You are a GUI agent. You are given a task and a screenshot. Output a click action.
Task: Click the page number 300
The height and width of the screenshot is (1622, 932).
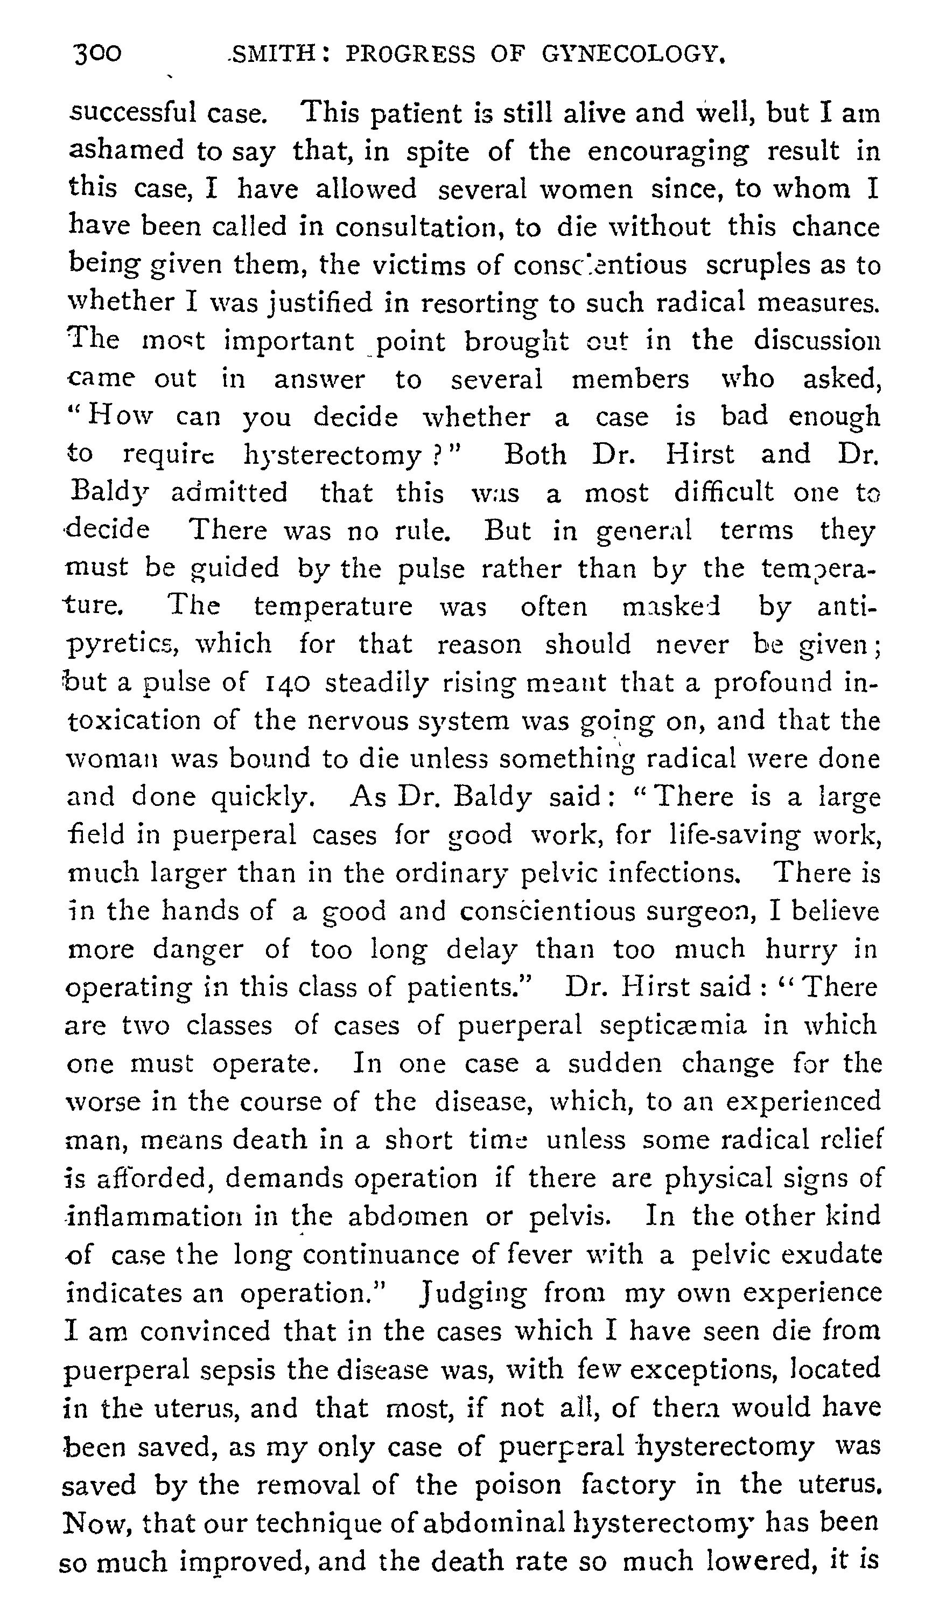(97, 54)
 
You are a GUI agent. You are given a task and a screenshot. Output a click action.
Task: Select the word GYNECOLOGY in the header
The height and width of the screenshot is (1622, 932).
(634, 55)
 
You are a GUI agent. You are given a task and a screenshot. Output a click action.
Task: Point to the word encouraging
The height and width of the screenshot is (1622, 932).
(668, 152)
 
